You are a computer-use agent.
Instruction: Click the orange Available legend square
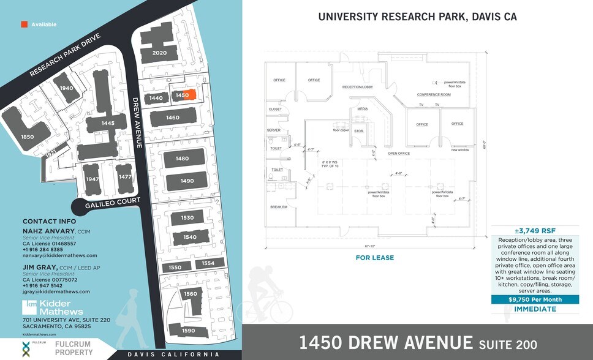(24, 24)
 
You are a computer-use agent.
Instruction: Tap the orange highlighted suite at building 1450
(190, 95)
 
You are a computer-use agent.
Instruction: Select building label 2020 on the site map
(159, 53)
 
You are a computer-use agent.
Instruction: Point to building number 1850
(28, 137)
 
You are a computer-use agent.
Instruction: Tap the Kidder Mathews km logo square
(32, 304)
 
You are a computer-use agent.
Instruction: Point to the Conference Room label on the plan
(434, 95)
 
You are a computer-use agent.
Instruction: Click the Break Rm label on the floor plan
(279, 207)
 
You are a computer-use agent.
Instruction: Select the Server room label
(273, 130)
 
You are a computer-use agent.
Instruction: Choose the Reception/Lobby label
(358, 87)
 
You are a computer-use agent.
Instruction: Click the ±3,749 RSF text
(535, 230)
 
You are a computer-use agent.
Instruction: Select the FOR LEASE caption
(375, 258)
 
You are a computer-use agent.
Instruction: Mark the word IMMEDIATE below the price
(535, 309)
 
